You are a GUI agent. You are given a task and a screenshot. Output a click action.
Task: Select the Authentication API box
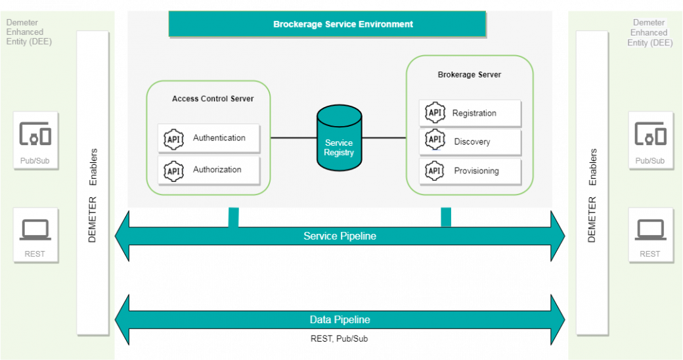[209, 139]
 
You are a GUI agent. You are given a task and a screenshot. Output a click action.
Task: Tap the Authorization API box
[209, 170]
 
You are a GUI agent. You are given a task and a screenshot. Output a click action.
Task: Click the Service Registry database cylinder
[339, 139]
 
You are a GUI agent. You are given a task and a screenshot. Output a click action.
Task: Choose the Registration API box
[470, 113]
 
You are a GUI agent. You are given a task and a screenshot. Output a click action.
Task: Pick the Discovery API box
[470, 142]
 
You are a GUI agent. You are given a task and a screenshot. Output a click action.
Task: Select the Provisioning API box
[470, 171]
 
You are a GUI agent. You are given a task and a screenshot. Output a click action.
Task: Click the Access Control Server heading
[213, 99]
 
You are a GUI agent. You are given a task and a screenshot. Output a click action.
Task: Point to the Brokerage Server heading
[470, 75]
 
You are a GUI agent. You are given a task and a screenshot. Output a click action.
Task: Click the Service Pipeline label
[340, 236]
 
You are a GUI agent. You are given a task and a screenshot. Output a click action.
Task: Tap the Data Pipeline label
[340, 320]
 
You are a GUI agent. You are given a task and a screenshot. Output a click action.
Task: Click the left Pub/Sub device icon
[35, 135]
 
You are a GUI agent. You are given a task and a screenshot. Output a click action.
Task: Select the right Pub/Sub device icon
[650, 135]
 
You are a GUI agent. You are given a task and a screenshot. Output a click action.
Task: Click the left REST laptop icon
[35, 230]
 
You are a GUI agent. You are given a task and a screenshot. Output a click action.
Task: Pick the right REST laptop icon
[650, 230]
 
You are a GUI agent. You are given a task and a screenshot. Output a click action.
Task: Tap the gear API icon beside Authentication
[173, 139]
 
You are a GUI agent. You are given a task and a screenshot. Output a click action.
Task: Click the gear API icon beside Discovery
[435, 140]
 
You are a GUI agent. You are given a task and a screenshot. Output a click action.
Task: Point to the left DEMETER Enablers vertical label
[93, 196]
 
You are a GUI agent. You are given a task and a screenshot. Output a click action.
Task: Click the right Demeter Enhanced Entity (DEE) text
[650, 33]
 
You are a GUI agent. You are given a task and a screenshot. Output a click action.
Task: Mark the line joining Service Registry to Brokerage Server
[384, 138]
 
